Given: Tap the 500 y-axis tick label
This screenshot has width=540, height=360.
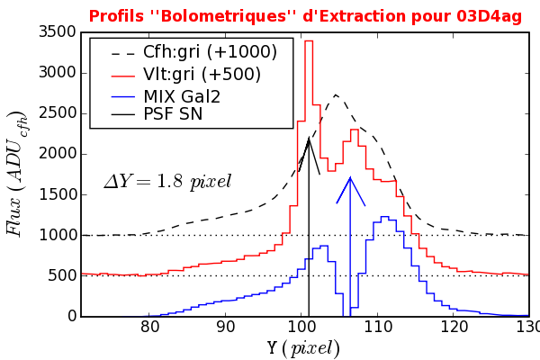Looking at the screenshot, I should pos(59,276).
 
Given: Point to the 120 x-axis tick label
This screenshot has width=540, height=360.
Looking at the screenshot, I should pos(454,328).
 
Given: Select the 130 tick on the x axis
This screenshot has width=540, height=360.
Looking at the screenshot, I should pos(528,328).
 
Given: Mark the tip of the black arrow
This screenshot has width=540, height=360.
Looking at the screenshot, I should pos(309,138).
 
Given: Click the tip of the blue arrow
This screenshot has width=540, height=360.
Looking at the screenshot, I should pos(349,176).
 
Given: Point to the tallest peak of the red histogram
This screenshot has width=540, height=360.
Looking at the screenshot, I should pos(309,40).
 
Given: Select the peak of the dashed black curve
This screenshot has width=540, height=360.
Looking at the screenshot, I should pos(336,94).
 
